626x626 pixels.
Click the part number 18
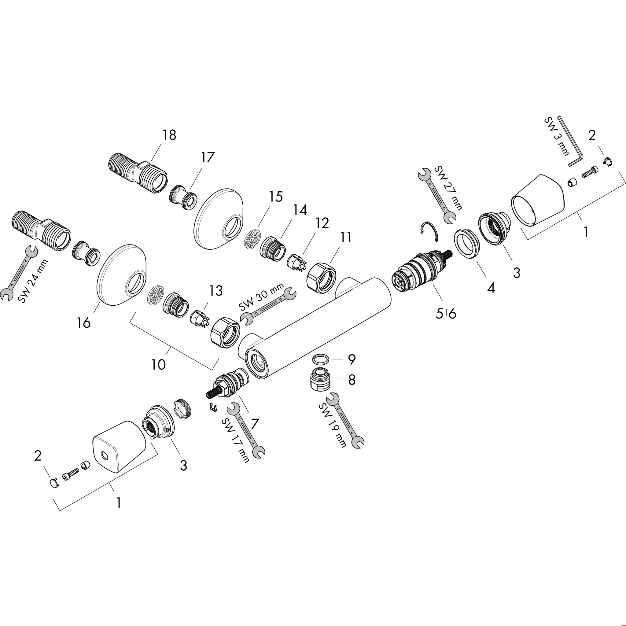point(169,135)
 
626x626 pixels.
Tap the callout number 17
point(207,157)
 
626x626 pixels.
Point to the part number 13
point(216,291)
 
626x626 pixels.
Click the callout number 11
point(346,237)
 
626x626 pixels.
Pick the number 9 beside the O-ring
point(352,359)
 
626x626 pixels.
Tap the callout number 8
point(352,379)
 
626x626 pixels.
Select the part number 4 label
point(491,288)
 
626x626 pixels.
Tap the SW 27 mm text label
point(448,188)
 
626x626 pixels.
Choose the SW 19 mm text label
point(333,425)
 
